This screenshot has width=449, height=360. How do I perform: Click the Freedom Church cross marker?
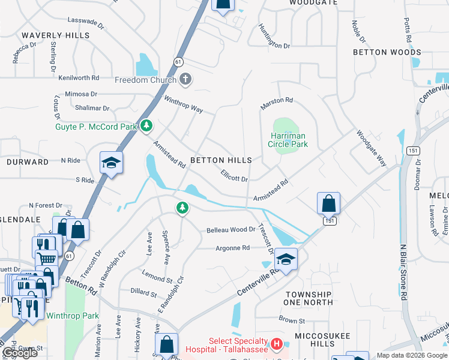186,79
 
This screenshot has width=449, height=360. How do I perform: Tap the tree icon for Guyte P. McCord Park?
146,126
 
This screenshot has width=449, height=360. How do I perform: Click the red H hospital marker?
277,344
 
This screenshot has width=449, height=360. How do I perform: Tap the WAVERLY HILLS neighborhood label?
56,35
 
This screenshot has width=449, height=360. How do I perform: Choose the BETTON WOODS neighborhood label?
387,53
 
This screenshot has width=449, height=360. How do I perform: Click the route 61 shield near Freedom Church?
178,62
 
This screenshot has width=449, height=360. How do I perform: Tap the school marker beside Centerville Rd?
286,260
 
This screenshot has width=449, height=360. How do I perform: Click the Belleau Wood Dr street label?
231,230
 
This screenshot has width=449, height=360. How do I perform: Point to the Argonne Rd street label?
232,248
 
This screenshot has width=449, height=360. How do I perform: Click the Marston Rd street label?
276,104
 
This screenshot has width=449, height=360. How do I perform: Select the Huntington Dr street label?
274,37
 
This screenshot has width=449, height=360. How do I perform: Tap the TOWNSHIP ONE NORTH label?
308,299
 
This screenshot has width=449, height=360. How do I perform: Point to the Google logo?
19,353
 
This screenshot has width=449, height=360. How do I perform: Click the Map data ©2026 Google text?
412,355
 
